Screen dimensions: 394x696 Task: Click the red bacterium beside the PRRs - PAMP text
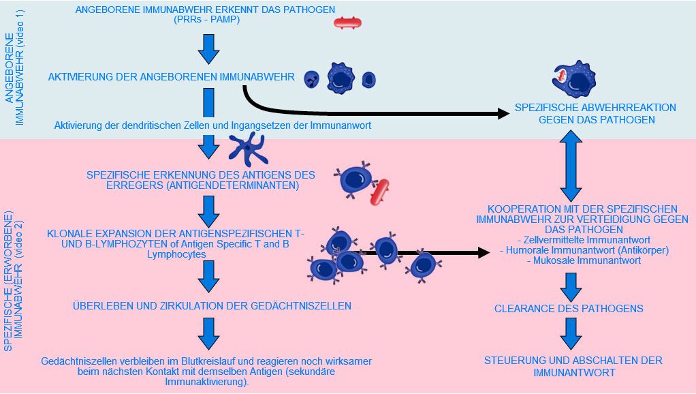click(x=347, y=23)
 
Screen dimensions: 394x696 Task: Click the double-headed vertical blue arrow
click(x=570, y=166)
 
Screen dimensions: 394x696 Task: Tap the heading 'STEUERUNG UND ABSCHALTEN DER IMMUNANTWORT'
click(x=573, y=366)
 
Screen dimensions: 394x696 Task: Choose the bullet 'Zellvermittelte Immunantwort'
click(x=584, y=240)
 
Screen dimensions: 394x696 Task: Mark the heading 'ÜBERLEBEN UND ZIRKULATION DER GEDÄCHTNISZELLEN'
click(x=212, y=306)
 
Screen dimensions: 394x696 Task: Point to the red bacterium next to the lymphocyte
click(x=379, y=192)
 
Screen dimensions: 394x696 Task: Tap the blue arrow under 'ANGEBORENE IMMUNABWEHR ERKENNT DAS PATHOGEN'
click(x=207, y=48)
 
